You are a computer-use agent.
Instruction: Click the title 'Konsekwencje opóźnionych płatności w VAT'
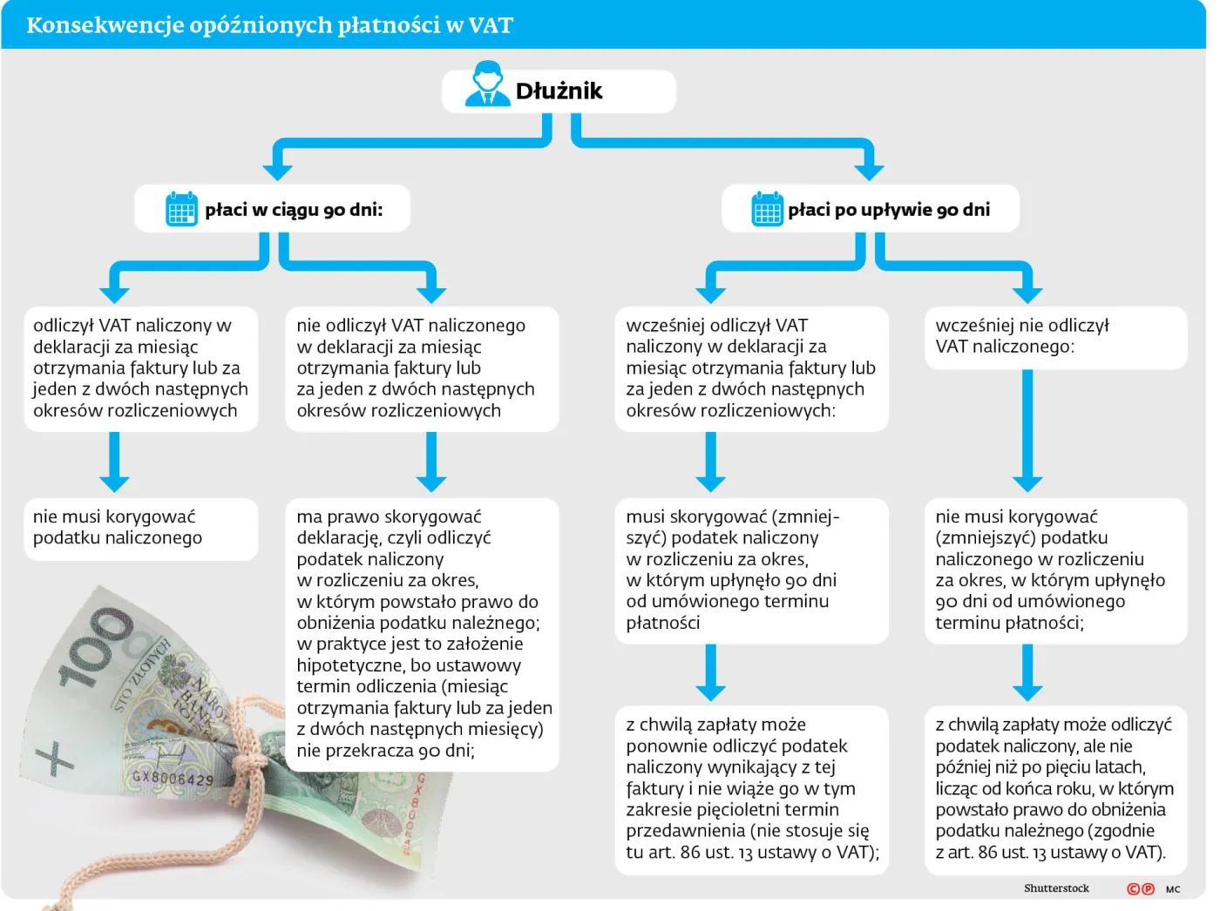pos(269,25)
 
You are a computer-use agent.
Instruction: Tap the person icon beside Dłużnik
pos(487,84)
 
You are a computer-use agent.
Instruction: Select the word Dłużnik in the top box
pos(559,91)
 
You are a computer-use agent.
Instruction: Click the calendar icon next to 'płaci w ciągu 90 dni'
pos(181,209)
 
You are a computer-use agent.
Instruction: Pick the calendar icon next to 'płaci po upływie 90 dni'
pos(767,209)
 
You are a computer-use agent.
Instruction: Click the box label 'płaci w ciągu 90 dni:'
pos(294,210)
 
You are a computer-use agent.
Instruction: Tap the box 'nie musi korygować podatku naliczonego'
pos(140,529)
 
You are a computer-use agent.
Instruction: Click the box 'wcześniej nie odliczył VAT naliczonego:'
pos(1055,337)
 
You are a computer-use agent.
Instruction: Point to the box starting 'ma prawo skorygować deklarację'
pos(422,634)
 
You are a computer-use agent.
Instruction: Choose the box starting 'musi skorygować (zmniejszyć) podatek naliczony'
pos(751,570)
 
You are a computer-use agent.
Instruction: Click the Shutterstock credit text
pos(1056,887)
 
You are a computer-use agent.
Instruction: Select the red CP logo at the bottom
pos(1141,888)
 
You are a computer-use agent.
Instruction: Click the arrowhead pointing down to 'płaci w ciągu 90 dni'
pos(277,171)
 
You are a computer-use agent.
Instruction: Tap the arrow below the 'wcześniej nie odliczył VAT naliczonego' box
pos(1027,430)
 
